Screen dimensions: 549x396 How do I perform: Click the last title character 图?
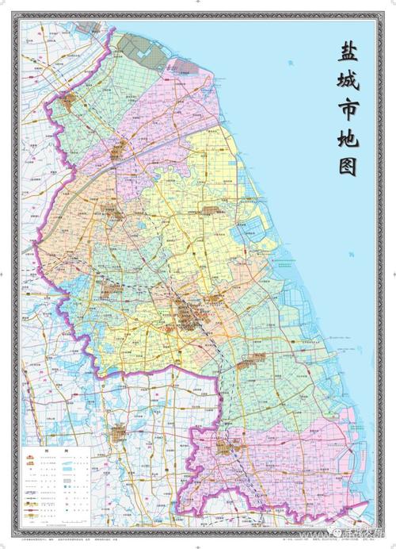coord(347,167)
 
